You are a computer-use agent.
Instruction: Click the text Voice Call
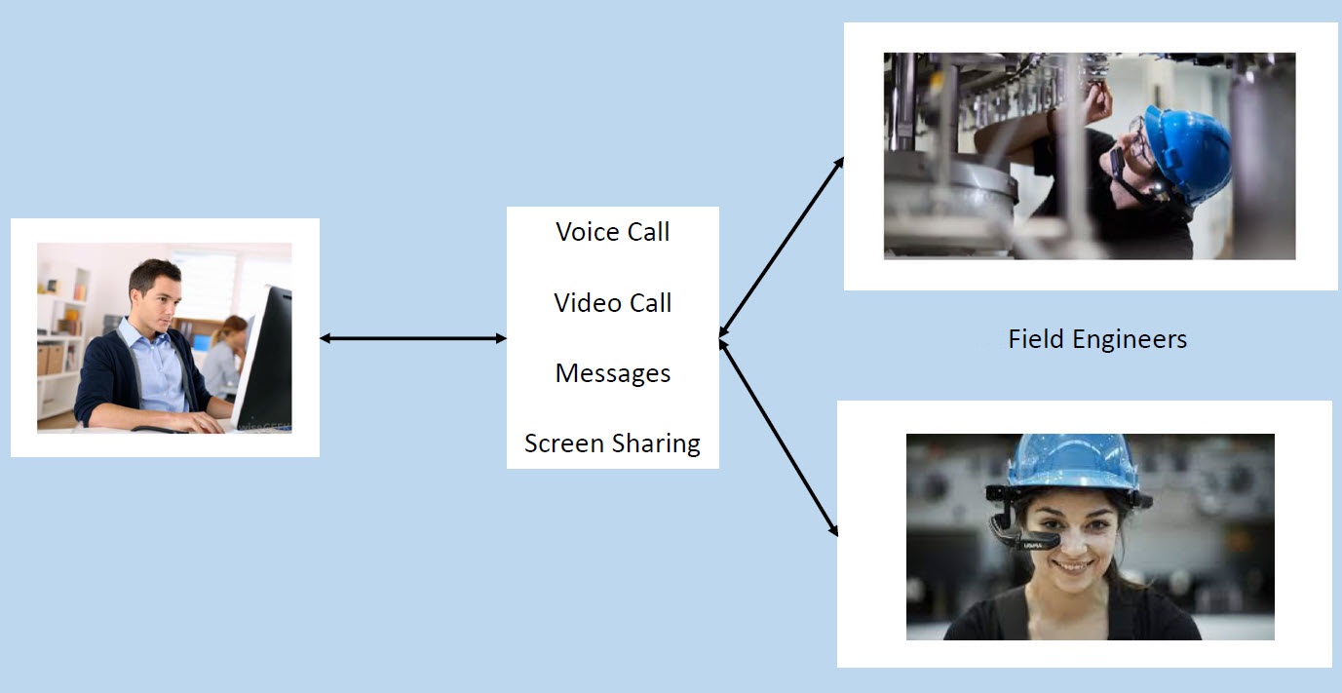coord(613,232)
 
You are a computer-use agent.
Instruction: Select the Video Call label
coord(613,303)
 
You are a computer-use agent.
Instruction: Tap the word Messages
coord(613,373)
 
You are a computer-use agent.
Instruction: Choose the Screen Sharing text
coord(612,443)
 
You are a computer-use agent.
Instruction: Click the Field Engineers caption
coord(1097,339)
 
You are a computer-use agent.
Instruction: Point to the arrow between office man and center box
coord(413,338)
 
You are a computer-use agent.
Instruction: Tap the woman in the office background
coord(225,356)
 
